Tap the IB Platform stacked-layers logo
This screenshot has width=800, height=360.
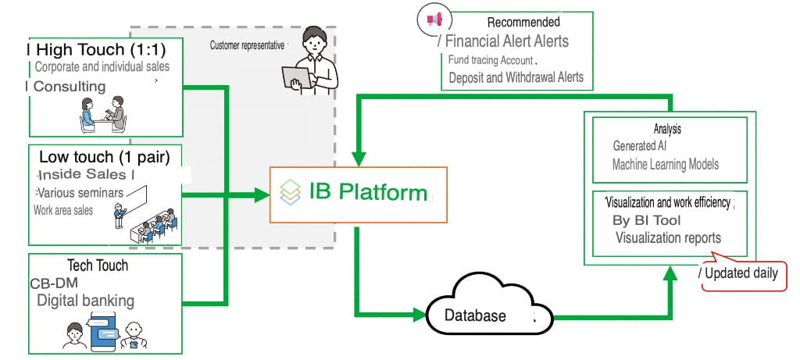point(291,192)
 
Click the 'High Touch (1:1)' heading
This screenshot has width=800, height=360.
point(97,49)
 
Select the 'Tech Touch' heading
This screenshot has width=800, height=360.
point(98,266)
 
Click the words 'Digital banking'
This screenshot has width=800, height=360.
point(86,301)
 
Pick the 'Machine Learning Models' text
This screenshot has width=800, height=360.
point(665,165)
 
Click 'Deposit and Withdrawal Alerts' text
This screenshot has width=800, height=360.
point(516,77)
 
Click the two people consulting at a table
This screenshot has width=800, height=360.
point(102,115)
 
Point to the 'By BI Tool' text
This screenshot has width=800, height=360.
point(647,220)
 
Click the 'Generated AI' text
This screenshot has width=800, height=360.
point(641,146)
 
